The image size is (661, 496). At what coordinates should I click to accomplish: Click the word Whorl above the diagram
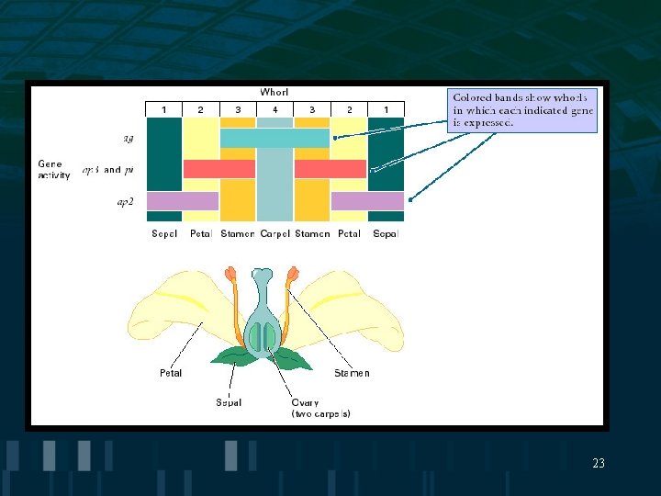pyautogui.click(x=274, y=92)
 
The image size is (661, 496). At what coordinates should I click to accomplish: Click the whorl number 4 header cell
pyautogui.click(x=274, y=110)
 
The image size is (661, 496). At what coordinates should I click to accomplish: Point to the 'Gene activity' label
pyautogui.click(x=54, y=169)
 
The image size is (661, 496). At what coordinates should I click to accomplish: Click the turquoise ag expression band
pyautogui.click(x=274, y=139)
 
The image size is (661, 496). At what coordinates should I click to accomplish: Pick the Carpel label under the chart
pyautogui.click(x=274, y=234)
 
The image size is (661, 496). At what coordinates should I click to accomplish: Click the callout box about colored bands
pyautogui.click(x=522, y=111)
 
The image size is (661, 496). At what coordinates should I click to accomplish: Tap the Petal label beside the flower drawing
pyautogui.click(x=171, y=373)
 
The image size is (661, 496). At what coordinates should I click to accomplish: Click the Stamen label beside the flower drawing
pyautogui.click(x=352, y=373)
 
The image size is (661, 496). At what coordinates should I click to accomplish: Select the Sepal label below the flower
pyautogui.click(x=229, y=402)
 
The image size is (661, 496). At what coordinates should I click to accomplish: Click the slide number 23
pyautogui.click(x=599, y=464)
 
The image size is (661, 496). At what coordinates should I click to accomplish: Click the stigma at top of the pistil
pyautogui.click(x=263, y=275)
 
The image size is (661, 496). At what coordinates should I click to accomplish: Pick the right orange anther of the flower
pyautogui.click(x=293, y=275)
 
